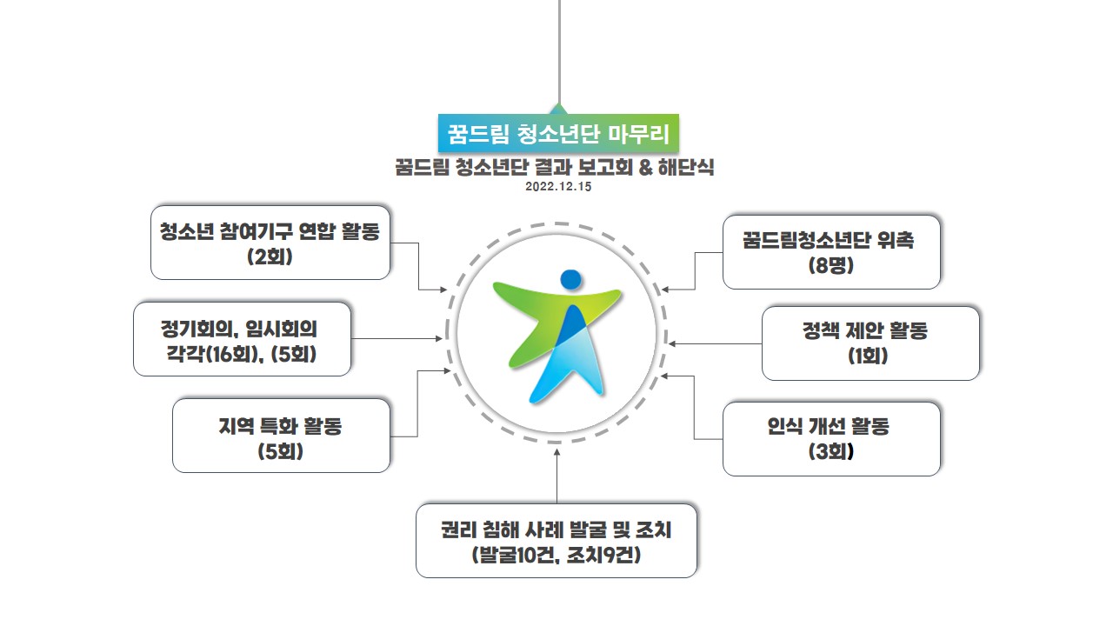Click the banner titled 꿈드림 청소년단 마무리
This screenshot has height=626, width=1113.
click(x=558, y=133)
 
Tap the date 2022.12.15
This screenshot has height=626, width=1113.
click(x=558, y=187)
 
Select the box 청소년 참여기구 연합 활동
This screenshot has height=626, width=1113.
click(x=270, y=243)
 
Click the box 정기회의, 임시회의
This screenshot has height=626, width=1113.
click(x=242, y=339)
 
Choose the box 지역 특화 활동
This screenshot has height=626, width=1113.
click(x=281, y=436)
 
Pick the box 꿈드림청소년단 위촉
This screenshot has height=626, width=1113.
click(x=831, y=252)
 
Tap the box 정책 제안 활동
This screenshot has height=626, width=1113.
click(x=870, y=343)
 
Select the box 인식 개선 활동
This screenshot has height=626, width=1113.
click(x=831, y=439)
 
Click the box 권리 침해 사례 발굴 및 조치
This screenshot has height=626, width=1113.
click(x=556, y=541)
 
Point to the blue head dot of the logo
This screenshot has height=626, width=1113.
click(x=571, y=279)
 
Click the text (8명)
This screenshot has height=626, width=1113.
click(x=830, y=265)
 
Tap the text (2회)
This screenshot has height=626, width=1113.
click(x=270, y=256)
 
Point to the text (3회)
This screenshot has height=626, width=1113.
click(x=830, y=451)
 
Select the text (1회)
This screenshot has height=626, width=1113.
click(x=868, y=356)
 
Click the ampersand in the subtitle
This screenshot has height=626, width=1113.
click(x=645, y=168)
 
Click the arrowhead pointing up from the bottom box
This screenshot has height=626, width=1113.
click(x=557, y=452)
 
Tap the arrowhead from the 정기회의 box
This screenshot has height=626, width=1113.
click(x=439, y=339)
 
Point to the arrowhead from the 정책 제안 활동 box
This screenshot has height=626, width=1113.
click(x=672, y=343)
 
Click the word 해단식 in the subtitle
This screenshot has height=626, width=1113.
click(x=686, y=168)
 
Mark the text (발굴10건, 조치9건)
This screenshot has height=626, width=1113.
click(x=556, y=555)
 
